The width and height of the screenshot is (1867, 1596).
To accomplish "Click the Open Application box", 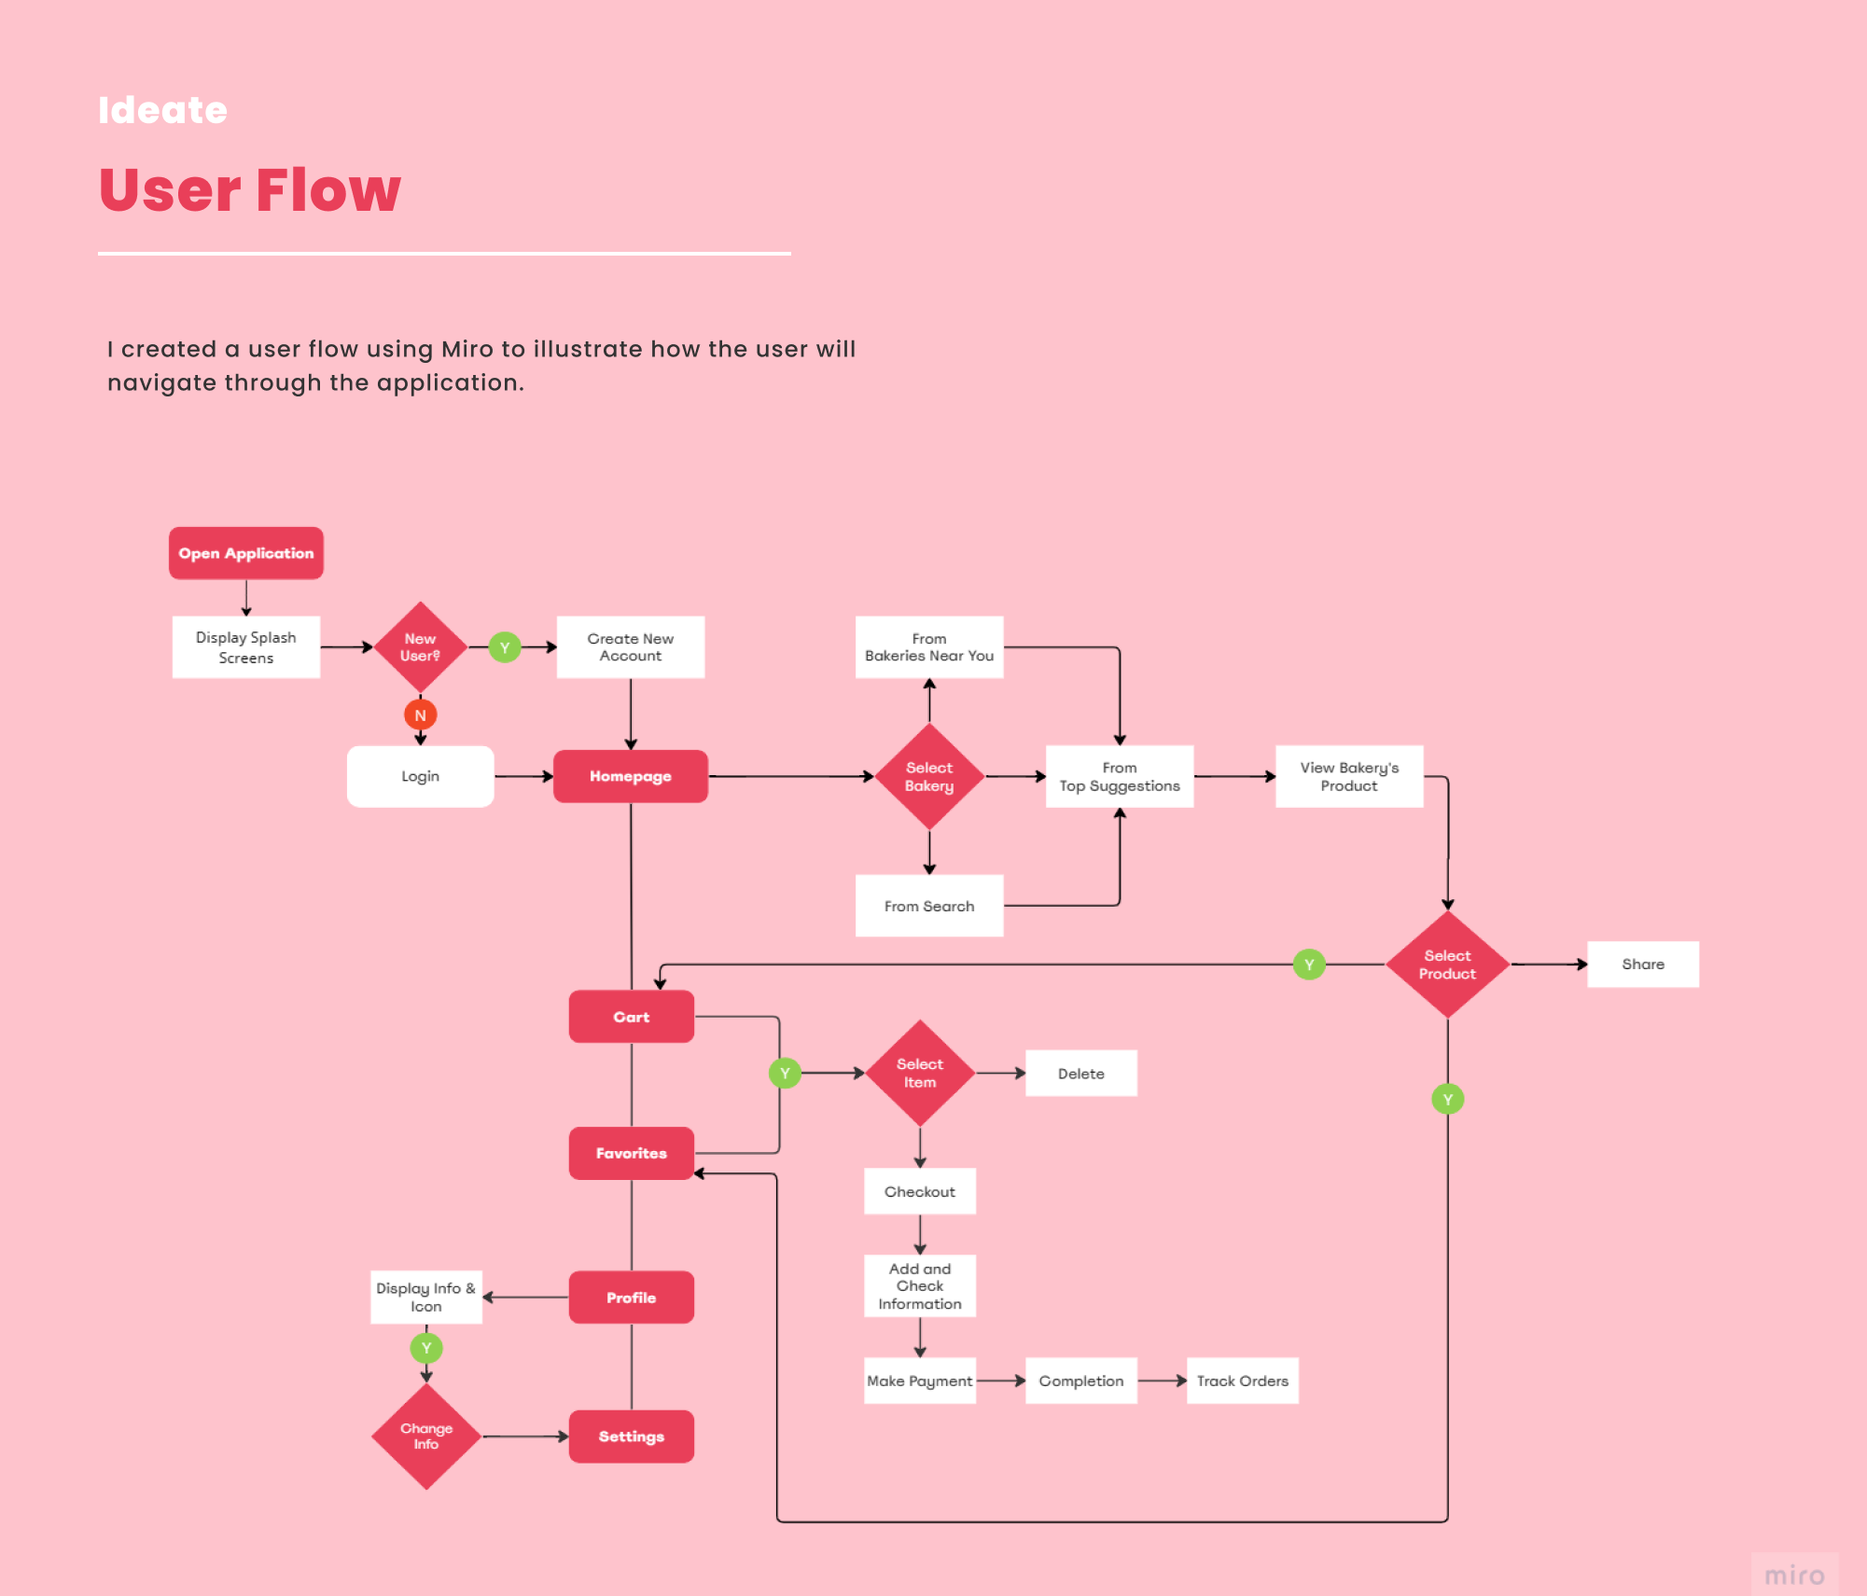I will click(x=245, y=553).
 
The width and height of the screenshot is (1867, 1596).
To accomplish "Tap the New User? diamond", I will click(x=420, y=647).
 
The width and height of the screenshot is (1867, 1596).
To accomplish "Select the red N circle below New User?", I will click(x=420, y=715).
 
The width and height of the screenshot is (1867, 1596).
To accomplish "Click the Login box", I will click(x=420, y=776).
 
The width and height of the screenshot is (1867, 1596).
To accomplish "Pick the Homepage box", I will click(x=630, y=776).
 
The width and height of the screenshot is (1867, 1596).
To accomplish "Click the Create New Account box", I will click(x=630, y=647).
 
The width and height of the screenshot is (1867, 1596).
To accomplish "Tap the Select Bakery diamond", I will click(x=929, y=776).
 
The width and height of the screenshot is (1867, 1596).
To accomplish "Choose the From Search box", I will click(x=929, y=906).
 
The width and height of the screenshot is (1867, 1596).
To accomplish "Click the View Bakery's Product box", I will click(x=1349, y=776).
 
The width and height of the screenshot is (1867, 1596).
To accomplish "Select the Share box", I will click(x=1642, y=965).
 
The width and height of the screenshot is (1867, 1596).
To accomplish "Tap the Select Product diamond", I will click(x=1447, y=965).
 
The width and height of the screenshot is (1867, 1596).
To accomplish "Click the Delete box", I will click(x=1080, y=1074).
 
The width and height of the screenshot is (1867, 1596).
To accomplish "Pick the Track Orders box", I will click(x=1242, y=1381).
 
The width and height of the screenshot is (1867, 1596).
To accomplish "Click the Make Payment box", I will click(x=919, y=1381).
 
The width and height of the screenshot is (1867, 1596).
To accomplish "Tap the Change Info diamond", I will click(x=426, y=1436).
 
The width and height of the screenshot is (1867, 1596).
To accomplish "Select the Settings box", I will click(x=631, y=1436).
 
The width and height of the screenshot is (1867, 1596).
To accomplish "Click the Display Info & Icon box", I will click(x=426, y=1297).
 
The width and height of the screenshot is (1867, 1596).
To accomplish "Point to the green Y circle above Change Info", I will click(x=426, y=1348).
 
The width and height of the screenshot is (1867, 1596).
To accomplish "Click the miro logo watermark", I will click(x=1794, y=1575).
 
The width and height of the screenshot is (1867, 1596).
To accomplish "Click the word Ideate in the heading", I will click(x=163, y=110).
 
